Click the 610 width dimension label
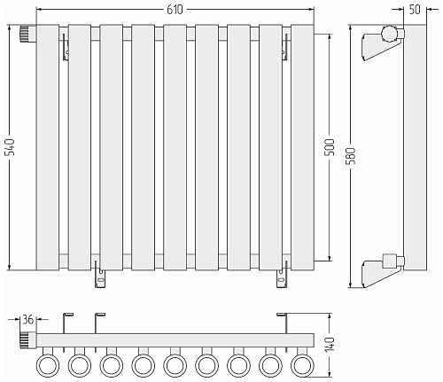pyautogui.click(x=175, y=10)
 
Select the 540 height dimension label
pyautogui.click(x=11, y=147)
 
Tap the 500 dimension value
pyautogui.click(x=330, y=147)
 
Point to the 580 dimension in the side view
pyautogui.click(x=351, y=156)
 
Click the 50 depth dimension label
pyautogui.click(x=415, y=10)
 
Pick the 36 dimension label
pyautogui.click(x=28, y=319)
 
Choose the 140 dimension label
pyautogui.click(x=330, y=344)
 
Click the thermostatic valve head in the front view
pyautogui.click(x=28, y=34)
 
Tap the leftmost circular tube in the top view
pyautogui.click(x=48, y=365)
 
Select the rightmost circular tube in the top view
pyautogui.click(x=302, y=365)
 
